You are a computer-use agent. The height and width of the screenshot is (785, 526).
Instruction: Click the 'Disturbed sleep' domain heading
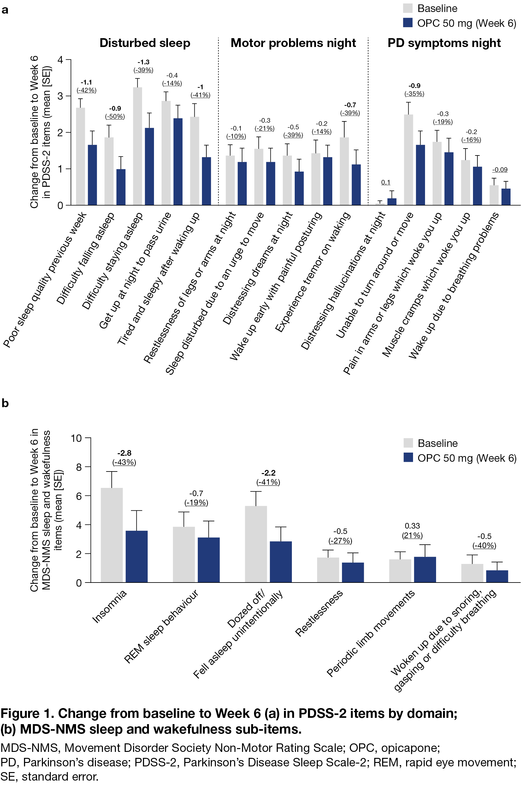click(145, 43)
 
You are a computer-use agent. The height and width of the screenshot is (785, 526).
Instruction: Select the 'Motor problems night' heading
click(293, 43)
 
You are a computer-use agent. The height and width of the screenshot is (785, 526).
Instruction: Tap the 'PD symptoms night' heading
click(444, 43)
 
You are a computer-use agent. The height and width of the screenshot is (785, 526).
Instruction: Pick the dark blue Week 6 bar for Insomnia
click(137, 556)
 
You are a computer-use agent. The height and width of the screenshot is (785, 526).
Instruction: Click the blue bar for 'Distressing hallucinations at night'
click(392, 202)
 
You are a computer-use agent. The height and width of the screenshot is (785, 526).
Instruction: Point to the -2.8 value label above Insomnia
click(124, 453)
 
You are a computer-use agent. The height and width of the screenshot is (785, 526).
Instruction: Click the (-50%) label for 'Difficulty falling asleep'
click(115, 116)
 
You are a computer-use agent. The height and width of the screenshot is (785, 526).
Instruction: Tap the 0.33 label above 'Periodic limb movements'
click(412, 526)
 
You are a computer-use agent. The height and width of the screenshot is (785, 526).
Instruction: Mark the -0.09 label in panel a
click(500, 170)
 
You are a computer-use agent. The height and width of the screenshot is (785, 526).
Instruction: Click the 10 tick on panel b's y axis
click(76, 438)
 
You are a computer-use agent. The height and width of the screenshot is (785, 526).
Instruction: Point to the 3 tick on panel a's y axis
click(60, 96)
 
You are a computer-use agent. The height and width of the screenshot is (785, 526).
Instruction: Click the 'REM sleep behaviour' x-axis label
click(161, 626)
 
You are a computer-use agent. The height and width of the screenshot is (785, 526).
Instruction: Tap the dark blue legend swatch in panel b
click(408, 457)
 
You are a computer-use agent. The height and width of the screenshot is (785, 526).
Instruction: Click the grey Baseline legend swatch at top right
click(408, 8)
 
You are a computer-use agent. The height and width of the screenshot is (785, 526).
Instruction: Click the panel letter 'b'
click(5, 403)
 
